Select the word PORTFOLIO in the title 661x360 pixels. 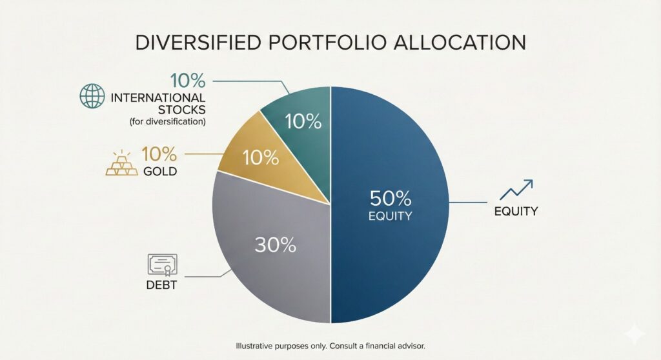(x=325, y=42)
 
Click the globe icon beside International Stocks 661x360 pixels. (x=91, y=97)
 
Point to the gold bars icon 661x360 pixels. (x=122, y=164)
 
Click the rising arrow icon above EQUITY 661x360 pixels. (x=516, y=190)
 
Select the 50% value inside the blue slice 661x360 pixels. (x=389, y=197)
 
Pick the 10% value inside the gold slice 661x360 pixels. (x=261, y=157)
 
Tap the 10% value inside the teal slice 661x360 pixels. (x=303, y=121)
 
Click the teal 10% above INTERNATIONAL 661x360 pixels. (x=187, y=81)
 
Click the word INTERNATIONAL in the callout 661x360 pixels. (x=158, y=98)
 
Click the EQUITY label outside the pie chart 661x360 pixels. (x=516, y=211)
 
